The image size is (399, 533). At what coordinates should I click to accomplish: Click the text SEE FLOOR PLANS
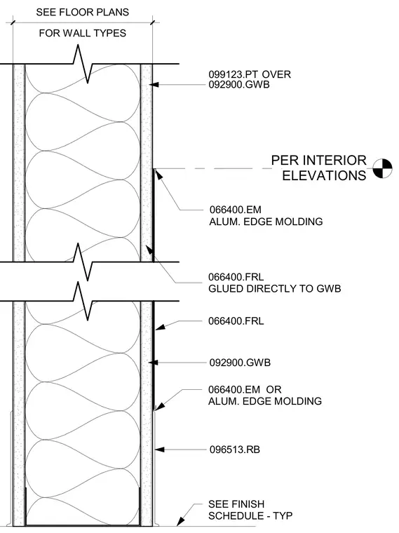(x=83, y=12)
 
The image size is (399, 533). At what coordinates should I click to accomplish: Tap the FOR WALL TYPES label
(x=83, y=33)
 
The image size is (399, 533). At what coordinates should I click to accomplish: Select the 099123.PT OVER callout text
(x=250, y=74)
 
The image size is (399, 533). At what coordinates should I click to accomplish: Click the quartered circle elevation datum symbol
(x=382, y=168)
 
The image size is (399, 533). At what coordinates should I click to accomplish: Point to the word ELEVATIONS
(x=324, y=176)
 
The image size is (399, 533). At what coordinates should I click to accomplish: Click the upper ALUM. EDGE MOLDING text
(x=266, y=222)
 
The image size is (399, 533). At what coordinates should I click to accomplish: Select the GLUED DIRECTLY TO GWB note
(x=275, y=289)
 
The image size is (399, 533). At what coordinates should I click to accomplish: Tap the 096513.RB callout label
(x=235, y=450)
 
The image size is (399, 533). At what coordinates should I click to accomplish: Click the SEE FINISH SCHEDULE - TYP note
(x=250, y=510)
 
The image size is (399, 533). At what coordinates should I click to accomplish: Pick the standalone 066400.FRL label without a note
(x=236, y=321)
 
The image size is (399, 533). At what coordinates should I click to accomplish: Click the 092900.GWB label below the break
(x=240, y=363)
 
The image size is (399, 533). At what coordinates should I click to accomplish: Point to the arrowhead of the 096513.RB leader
(x=159, y=450)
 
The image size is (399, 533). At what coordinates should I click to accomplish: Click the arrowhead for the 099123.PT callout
(x=155, y=84)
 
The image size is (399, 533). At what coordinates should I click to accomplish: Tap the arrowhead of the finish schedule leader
(x=180, y=522)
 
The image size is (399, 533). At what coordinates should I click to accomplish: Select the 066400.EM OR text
(x=245, y=389)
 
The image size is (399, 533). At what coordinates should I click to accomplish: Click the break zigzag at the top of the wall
(x=83, y=64)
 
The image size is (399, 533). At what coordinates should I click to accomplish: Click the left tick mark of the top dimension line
(x=13, y=23)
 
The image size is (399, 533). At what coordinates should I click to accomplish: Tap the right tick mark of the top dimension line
(x=153, y=23)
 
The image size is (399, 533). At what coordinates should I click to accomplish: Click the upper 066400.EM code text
(x=236, y=210)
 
